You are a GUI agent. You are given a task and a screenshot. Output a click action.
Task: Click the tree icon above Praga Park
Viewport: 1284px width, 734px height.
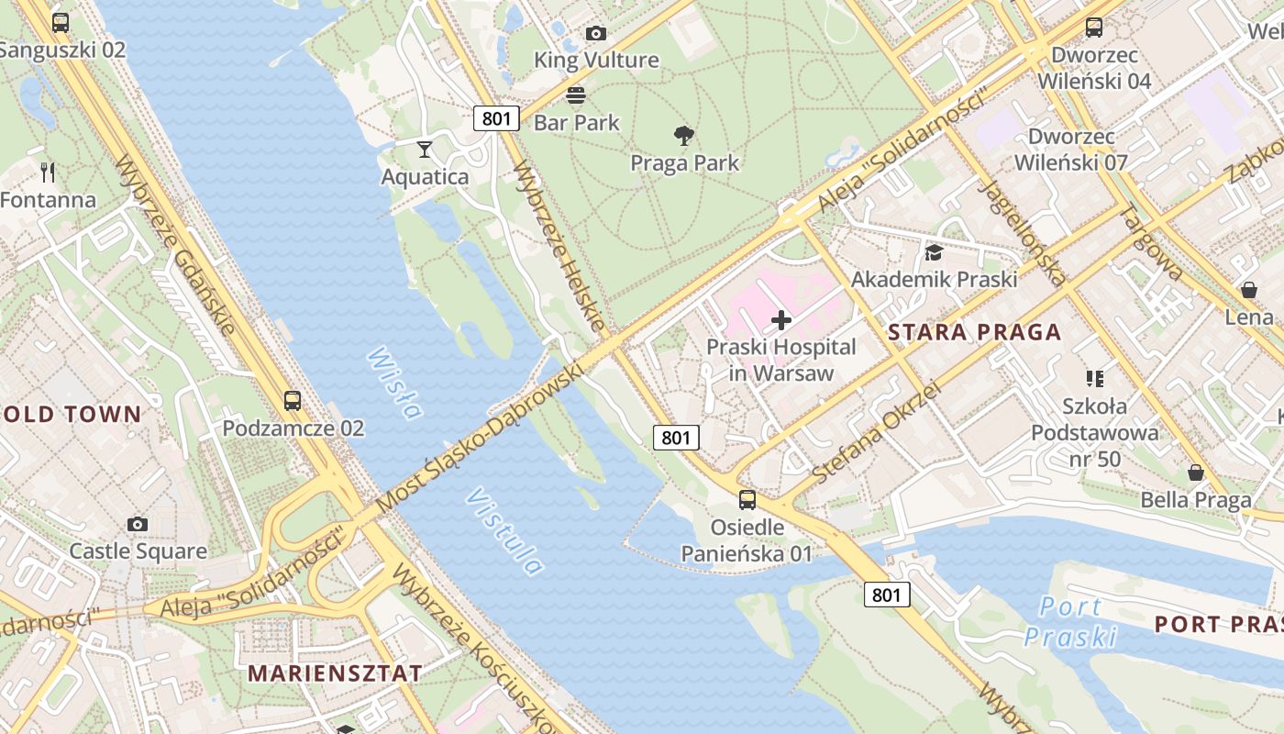(683, 137)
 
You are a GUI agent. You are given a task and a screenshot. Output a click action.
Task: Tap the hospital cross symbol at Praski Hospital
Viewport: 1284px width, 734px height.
(781, 320)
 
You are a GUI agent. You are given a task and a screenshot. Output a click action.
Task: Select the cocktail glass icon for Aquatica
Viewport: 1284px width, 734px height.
(425, 149)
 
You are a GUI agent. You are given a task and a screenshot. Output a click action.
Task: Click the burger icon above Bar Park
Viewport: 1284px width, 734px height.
(576, 95)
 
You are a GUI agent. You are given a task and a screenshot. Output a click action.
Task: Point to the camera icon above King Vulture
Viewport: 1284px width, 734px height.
(596, 34)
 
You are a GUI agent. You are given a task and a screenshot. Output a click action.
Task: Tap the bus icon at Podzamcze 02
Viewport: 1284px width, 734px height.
(293, 401)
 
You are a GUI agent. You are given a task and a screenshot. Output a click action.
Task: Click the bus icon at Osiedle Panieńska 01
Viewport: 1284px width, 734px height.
(747, 500)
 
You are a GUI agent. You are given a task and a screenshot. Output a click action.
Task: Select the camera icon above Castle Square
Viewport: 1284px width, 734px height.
(138, 524)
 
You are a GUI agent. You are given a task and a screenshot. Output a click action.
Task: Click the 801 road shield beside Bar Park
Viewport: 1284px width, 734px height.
(496, 118)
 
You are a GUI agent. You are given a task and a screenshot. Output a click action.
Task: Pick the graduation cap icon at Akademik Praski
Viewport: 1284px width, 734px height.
(934, 252)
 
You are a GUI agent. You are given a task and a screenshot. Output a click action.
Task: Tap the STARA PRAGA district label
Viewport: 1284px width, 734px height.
(974, 332)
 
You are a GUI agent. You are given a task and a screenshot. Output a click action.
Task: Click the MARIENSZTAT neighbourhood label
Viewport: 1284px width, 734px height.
(335, 673)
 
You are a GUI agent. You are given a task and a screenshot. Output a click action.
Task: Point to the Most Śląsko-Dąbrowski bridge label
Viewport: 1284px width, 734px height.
(480, 439)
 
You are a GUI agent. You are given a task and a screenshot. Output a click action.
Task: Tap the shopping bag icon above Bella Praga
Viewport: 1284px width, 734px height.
(1196, 473)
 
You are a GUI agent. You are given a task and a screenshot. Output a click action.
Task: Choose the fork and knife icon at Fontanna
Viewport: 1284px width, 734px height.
(48, 172)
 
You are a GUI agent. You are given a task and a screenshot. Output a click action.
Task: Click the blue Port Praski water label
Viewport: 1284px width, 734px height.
(1070, 621)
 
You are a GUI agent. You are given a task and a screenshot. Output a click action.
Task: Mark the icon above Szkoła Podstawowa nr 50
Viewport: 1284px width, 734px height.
(1094, 378)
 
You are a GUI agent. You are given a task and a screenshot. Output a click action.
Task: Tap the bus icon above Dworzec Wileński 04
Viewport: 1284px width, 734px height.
(1094, 28)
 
